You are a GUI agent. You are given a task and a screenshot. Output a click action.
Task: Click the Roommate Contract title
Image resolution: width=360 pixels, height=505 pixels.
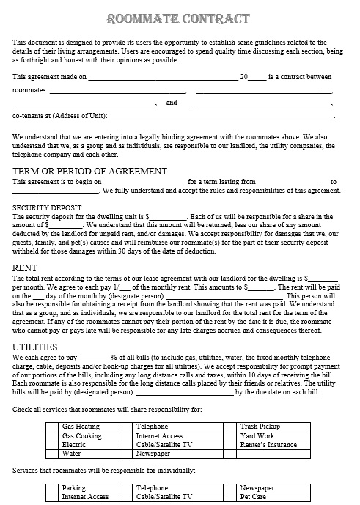tap(179, 18)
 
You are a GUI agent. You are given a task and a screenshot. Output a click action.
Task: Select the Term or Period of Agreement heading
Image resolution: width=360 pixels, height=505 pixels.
tap(89, 171)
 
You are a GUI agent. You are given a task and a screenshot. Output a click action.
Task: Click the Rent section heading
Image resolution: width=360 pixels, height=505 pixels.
tap(27, 268)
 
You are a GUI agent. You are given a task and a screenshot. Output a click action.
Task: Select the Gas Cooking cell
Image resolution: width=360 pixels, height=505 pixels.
tap(81, 435)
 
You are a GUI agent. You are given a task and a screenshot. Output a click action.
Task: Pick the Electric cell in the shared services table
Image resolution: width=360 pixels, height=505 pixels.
tap(74, 444)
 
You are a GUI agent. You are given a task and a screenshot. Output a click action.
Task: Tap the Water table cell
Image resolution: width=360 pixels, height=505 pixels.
tap(72, 454)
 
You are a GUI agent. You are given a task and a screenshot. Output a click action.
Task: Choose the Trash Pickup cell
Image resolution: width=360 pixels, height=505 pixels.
tap(260, 426)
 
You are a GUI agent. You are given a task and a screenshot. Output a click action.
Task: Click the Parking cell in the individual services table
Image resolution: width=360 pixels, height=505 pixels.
tap(74, 487)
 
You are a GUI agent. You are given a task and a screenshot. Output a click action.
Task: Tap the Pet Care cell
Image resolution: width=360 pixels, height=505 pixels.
tap(254, 496)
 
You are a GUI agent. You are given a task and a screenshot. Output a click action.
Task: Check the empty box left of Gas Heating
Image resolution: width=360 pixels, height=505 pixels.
tap(52, 426)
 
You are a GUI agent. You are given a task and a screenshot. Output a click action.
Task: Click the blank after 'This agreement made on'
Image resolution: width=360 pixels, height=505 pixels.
tap(163, 77)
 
